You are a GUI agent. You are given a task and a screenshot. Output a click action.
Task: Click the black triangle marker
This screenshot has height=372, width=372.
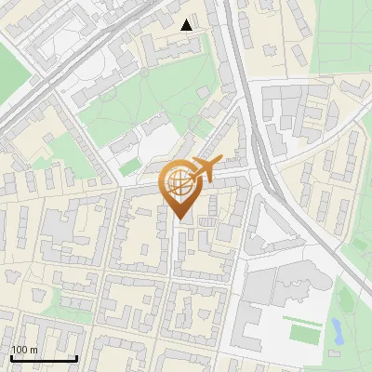(x=187, y=25)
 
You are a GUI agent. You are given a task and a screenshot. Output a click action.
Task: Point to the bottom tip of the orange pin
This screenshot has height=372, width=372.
(x=181, y=219)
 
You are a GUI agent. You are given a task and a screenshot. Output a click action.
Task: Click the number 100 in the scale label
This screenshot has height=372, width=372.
(x=20, y=349)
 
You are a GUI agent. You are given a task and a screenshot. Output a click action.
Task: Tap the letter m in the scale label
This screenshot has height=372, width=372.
(x=33, y=349)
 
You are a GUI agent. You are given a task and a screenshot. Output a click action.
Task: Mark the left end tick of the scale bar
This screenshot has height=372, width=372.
(x=11, y=358)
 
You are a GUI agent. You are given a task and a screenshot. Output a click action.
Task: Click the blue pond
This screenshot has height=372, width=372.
(x=336, y=327)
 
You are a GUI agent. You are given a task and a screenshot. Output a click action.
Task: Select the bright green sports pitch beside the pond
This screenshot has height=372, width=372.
(x=302, y=331)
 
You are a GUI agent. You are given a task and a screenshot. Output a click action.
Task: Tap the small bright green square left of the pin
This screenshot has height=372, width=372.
(x=130, y=166)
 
